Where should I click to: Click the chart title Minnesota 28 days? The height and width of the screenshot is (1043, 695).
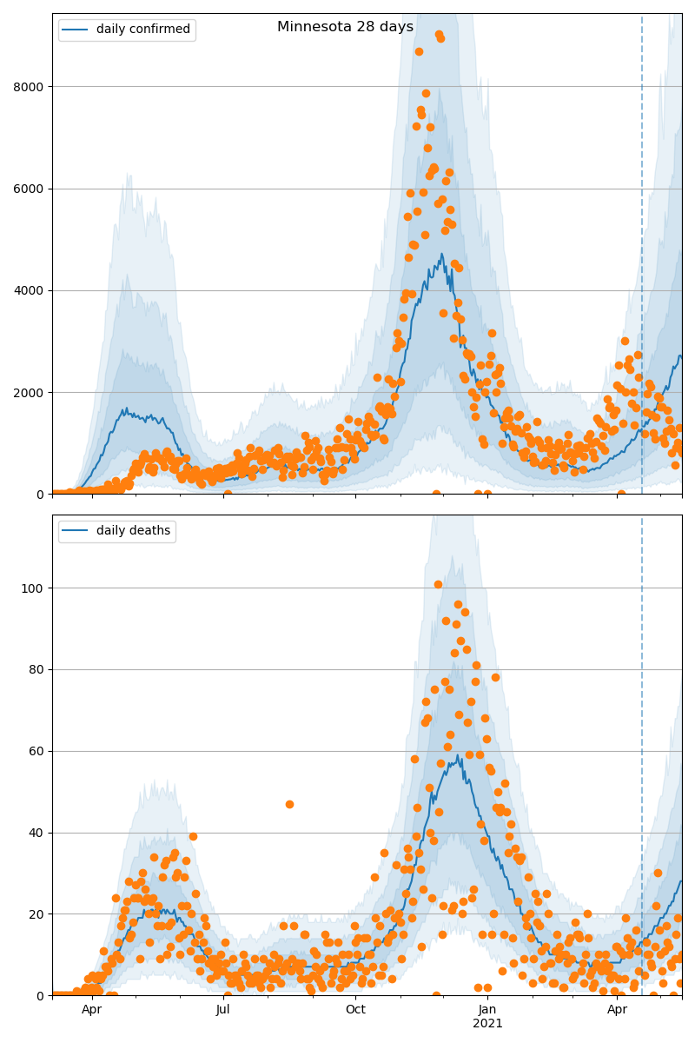[345, 27]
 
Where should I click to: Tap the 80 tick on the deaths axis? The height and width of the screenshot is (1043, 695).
[36, 670]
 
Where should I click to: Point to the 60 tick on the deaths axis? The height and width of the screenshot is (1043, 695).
[36, 751]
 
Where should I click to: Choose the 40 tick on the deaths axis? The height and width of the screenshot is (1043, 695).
[36, 833]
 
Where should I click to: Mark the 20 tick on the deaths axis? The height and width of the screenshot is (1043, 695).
[36, 914]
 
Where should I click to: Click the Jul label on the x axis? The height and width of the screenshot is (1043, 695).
[223, 1010]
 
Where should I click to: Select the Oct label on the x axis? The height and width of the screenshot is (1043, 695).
[355, 1010]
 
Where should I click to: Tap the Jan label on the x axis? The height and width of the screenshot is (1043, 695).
[487, 1010]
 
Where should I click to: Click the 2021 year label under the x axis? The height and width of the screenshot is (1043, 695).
[487, 1024]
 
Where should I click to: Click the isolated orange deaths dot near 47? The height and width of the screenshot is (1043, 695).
[289, 805]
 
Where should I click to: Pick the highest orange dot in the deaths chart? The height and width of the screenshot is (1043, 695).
[438, 584]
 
